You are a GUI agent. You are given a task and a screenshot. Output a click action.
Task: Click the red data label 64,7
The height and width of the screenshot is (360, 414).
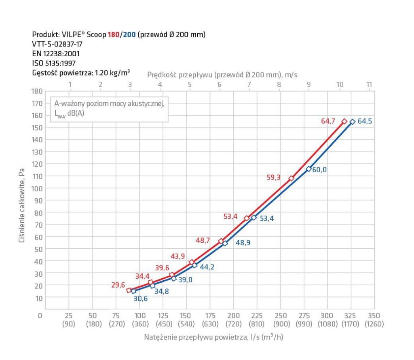329,121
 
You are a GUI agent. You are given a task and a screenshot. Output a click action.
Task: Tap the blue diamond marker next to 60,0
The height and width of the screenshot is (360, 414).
308,169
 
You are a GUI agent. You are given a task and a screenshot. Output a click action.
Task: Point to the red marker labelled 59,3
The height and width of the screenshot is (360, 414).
291,178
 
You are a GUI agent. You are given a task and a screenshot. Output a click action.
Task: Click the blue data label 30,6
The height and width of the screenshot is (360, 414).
140,298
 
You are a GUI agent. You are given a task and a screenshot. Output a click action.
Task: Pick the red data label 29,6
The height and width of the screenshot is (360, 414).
118,285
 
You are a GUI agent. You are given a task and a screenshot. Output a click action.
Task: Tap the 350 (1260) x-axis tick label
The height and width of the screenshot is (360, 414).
374,320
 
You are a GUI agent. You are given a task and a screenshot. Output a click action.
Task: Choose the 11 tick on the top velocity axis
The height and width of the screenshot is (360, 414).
369,84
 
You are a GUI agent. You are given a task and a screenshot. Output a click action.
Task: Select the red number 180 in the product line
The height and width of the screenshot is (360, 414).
113,35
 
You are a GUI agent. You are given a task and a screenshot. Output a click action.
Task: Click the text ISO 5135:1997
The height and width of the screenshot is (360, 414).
53,63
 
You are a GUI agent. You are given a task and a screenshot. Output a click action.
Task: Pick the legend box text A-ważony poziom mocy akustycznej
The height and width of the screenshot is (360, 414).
108,104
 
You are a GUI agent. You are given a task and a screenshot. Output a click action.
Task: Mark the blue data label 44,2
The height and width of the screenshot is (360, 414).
206,267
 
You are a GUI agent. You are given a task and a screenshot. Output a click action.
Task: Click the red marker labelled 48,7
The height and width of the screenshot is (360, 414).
221,241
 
